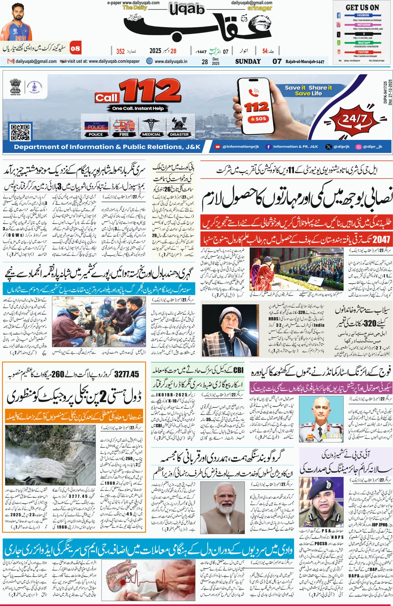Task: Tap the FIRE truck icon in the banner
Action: click(124, 125)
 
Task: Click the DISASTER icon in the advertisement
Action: click(179, 125)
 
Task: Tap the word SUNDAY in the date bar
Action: click(248, 61)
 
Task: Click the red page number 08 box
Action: click(75, 48)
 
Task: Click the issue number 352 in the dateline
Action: click(120, 51)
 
